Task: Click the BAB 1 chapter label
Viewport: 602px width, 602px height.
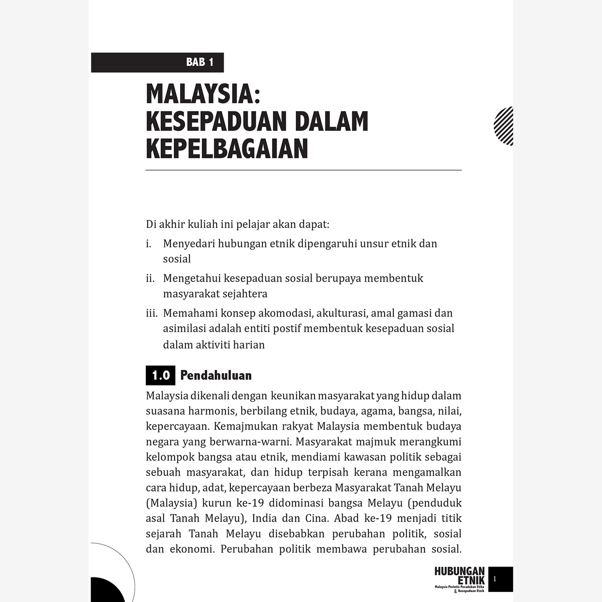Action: click(x=200, y=62)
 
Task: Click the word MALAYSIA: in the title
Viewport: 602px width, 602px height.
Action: click(x=203, y=94)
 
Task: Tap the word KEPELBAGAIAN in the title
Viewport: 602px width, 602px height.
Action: click(x=227, y=149)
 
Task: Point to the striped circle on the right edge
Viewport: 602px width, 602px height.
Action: click(x=504, y=126)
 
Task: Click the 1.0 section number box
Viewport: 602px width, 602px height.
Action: click(x=160, y=375)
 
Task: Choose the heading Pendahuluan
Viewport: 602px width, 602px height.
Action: click(x=216, y=375)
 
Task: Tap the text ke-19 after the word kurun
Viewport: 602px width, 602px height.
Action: click(x=250, y=503)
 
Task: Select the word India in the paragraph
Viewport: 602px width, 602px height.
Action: click(x=264, y=518)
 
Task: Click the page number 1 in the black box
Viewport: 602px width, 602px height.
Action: click(x=495, y=579)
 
